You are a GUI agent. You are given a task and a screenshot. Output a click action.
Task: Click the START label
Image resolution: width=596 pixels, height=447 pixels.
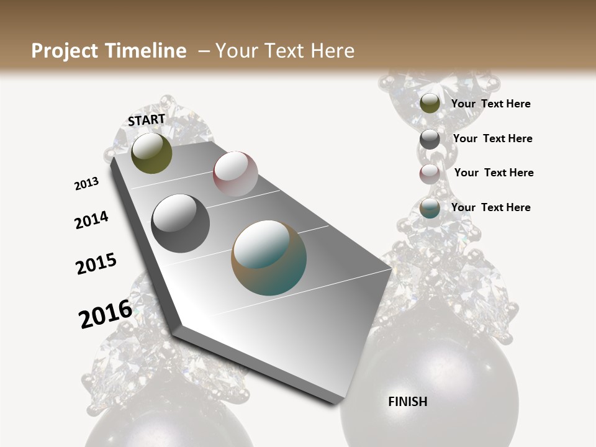(x=147, y=120)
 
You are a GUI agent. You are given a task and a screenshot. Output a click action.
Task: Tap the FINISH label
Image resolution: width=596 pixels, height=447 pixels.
(x=408, y=402)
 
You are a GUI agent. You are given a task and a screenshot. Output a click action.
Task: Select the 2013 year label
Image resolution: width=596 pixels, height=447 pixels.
(x=86, y=184)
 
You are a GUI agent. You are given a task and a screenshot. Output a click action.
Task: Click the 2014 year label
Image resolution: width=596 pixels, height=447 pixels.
(x=91, y=220)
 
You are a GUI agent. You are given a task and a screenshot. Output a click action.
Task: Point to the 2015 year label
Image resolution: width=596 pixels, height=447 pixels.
(x=96, y=263)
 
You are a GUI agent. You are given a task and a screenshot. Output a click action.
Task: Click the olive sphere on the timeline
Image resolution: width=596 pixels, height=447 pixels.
(x=151, y=153)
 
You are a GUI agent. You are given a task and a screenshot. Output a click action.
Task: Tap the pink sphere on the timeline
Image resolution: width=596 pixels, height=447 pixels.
(x=235, y=174)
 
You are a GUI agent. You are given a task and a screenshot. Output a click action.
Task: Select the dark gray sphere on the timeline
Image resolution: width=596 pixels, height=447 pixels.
(x=180, y=223)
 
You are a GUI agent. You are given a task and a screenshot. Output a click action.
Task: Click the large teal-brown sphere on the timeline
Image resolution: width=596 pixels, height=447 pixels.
(x=269, y=258)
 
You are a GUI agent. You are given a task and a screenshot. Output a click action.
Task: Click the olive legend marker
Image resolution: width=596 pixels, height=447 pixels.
(x=430, y=104)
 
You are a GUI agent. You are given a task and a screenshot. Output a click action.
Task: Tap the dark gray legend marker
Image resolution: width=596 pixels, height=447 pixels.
(x=430, y=139)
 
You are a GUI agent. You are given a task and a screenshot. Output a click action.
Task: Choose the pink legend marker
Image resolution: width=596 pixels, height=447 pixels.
(x=430, y=174)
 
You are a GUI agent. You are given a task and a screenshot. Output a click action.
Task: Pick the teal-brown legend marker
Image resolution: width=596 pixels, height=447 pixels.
(x=430, y=209)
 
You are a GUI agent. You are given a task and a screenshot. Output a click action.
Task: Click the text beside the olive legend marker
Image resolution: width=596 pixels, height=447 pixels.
(x=490, y=104)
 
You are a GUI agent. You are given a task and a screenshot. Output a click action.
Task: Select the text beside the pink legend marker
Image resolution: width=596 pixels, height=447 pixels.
(x=494, y=173)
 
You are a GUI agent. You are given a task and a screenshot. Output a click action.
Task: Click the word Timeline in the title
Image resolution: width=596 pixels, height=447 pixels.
(x=145, y=51)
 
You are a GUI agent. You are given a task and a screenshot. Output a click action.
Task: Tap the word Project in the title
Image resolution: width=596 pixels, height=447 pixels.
(x=65, y=51)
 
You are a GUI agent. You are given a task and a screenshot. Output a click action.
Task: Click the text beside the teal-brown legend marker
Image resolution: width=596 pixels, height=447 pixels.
(x=490, y=207)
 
